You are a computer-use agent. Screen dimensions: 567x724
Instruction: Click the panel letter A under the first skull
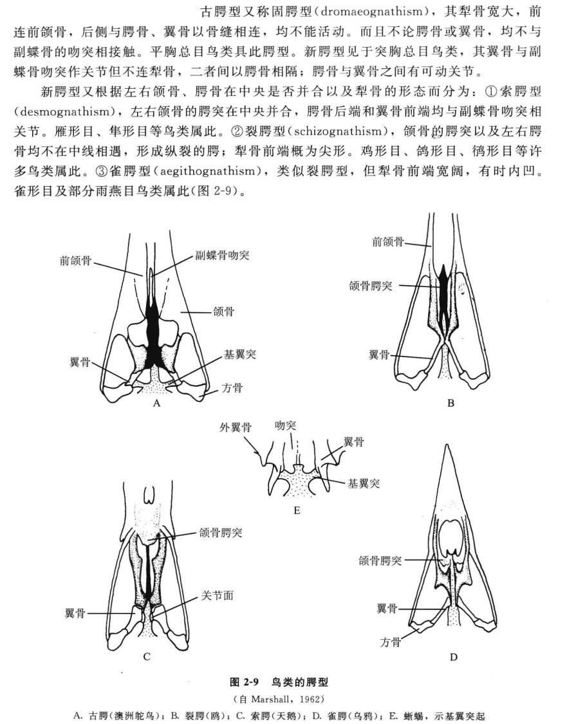(157, 403)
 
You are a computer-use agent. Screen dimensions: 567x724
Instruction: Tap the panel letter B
(451, 403)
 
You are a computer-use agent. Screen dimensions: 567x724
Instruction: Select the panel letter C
(146, 656)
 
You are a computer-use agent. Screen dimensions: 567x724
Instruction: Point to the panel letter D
(453, 657)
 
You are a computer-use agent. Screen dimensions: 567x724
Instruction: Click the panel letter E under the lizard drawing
(297, 510)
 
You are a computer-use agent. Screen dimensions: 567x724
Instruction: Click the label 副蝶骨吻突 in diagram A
(222, 255)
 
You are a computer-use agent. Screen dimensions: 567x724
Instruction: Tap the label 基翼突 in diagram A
(239, 354)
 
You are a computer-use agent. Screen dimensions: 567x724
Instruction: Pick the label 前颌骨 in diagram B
(388, 241)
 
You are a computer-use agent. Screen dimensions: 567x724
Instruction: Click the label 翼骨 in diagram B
(379, 355)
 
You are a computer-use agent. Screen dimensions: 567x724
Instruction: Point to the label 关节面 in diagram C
(217, 595)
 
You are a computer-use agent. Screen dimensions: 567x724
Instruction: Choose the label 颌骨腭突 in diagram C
(221, 532)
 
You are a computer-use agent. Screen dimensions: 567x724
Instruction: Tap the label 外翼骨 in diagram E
(236, 427)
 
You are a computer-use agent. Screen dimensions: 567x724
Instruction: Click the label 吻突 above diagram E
(285, 425)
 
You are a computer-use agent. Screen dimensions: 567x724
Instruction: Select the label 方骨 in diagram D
(391, 642)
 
